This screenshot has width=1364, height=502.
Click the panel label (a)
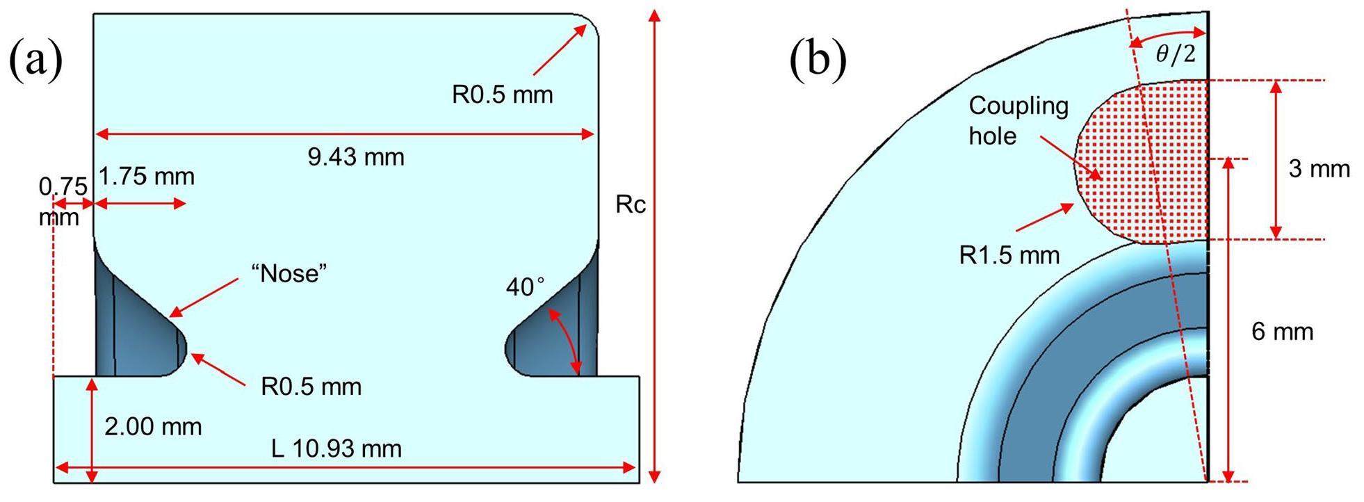36,60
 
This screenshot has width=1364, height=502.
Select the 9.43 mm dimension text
356,157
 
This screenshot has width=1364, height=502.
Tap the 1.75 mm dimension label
146,177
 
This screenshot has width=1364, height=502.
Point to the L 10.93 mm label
337,448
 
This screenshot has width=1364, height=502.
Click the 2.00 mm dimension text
153,426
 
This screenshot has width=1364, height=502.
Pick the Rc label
631,204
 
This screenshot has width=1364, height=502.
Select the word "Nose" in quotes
290,274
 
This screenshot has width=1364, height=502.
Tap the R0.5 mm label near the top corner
503,95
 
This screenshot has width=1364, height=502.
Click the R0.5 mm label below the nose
311,387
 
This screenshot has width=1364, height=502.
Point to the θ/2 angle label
1176,55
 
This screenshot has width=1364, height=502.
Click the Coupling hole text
1018,120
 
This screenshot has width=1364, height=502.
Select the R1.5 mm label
1009,255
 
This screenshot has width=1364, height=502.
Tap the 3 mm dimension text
1319,169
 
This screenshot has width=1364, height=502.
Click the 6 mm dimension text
1283,332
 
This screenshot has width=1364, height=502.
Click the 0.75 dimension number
63,187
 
